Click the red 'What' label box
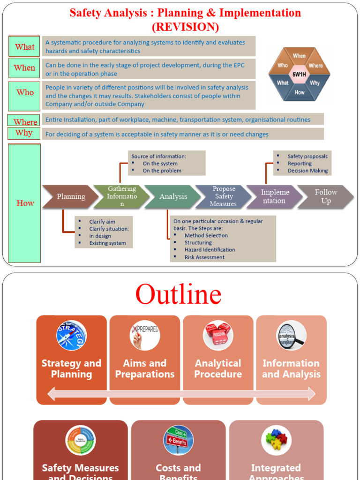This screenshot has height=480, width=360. pos(24,46)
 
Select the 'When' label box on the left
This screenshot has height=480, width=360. pos(24,68)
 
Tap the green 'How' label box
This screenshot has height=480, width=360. pos(25,203)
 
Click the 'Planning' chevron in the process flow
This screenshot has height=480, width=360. pos(71,197)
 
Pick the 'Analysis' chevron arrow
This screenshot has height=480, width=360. pos(173,197)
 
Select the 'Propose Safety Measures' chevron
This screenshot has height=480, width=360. pos(224,197)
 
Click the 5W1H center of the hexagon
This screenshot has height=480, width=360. pos(299,75)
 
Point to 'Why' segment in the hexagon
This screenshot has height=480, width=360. pos(315,83)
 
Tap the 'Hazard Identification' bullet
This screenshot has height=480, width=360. pos(210,250)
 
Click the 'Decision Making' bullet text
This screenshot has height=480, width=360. pos(307,171)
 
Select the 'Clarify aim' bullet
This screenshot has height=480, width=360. pos(102,222)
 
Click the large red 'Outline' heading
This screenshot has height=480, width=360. pos(178,294)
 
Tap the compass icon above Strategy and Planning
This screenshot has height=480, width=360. pos(72,335)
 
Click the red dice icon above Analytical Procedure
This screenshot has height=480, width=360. pos(218,335)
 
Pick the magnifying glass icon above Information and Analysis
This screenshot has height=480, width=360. pos(291,335)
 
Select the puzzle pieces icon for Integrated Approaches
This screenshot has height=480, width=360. pos(276,440)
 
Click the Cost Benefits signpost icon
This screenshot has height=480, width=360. pos(178,440)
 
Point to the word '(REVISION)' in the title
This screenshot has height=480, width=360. pos(185,27)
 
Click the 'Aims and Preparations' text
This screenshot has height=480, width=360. pos(145,369)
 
